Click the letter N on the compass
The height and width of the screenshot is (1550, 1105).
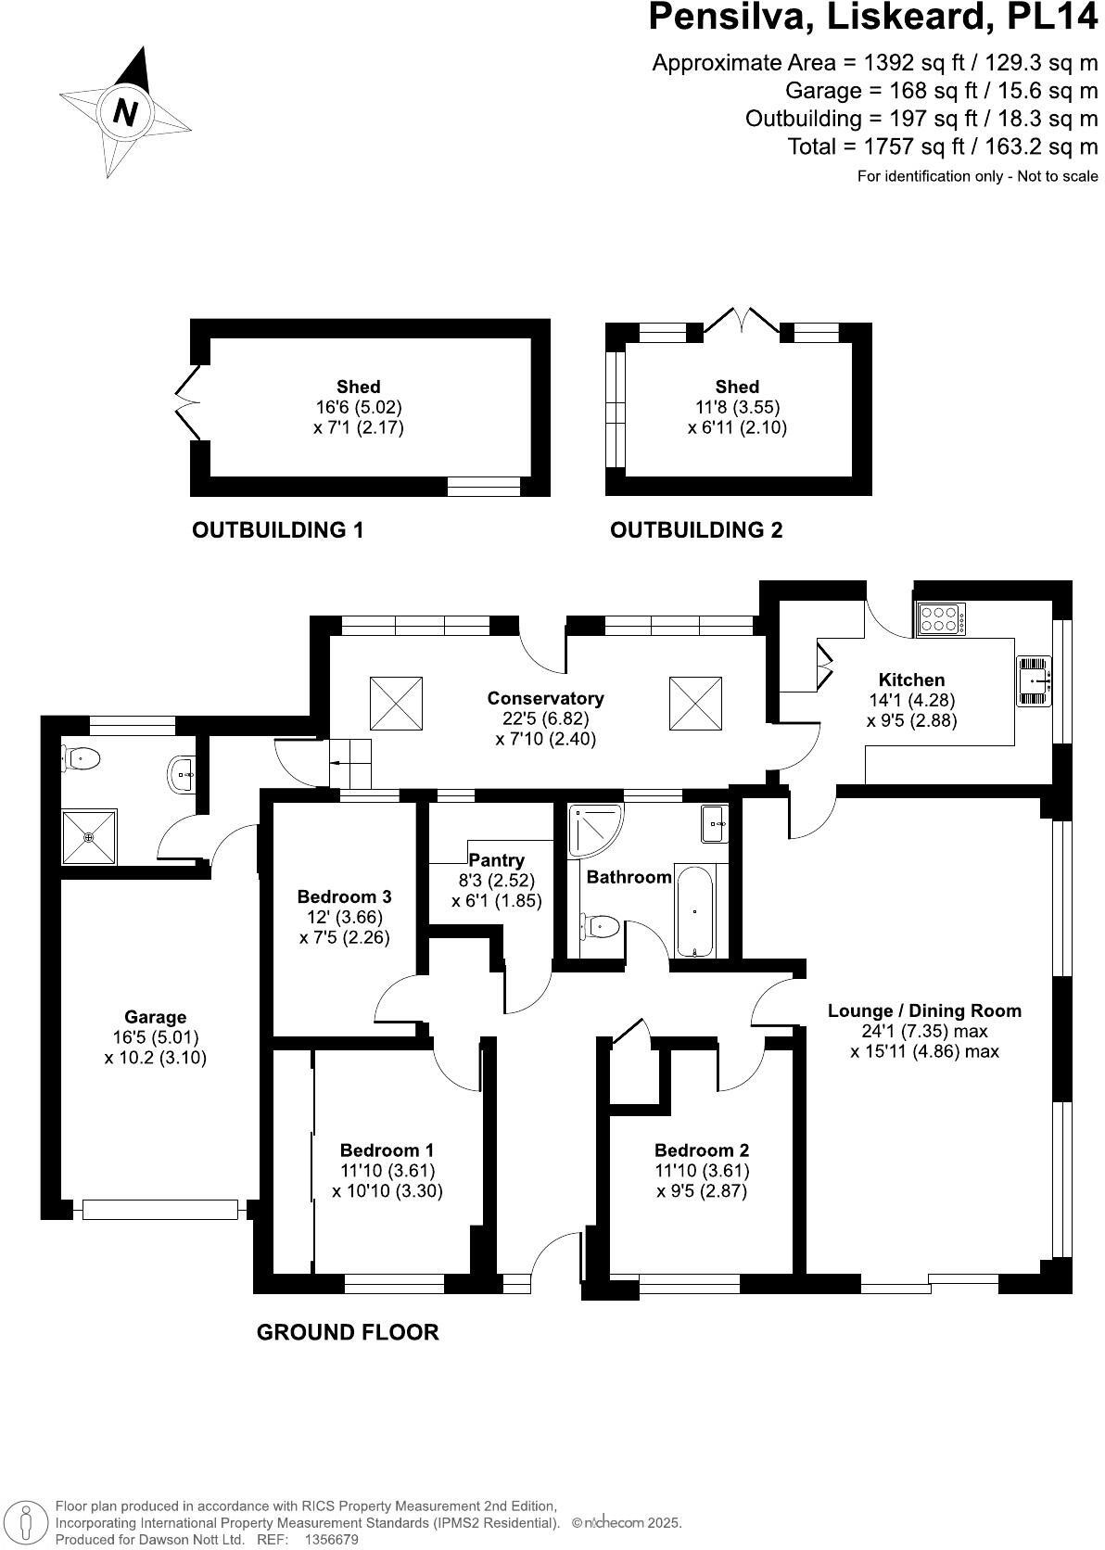(125, 112)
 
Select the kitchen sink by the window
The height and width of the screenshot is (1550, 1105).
(1035, 681)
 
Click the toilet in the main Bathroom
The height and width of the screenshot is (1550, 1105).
(601, 925)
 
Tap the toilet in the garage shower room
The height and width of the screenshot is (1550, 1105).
(81, 759)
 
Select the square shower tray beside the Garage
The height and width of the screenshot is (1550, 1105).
(90, 838)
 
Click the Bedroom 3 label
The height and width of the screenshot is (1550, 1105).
(344, 896)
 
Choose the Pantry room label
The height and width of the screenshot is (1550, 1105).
(496, 860)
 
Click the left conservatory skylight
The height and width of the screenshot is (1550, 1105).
(397, 704)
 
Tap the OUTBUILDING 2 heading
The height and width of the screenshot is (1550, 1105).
(695, 530)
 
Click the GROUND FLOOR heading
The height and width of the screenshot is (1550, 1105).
(347, 1332)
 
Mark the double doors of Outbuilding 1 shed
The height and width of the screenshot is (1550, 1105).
(188, 401)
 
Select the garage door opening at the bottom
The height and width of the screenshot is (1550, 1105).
(159, 1209)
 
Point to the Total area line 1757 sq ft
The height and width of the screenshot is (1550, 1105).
(942, 146)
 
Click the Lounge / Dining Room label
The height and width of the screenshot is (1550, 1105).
(923, 1010)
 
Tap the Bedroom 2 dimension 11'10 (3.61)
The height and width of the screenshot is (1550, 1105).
(702, 1171)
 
